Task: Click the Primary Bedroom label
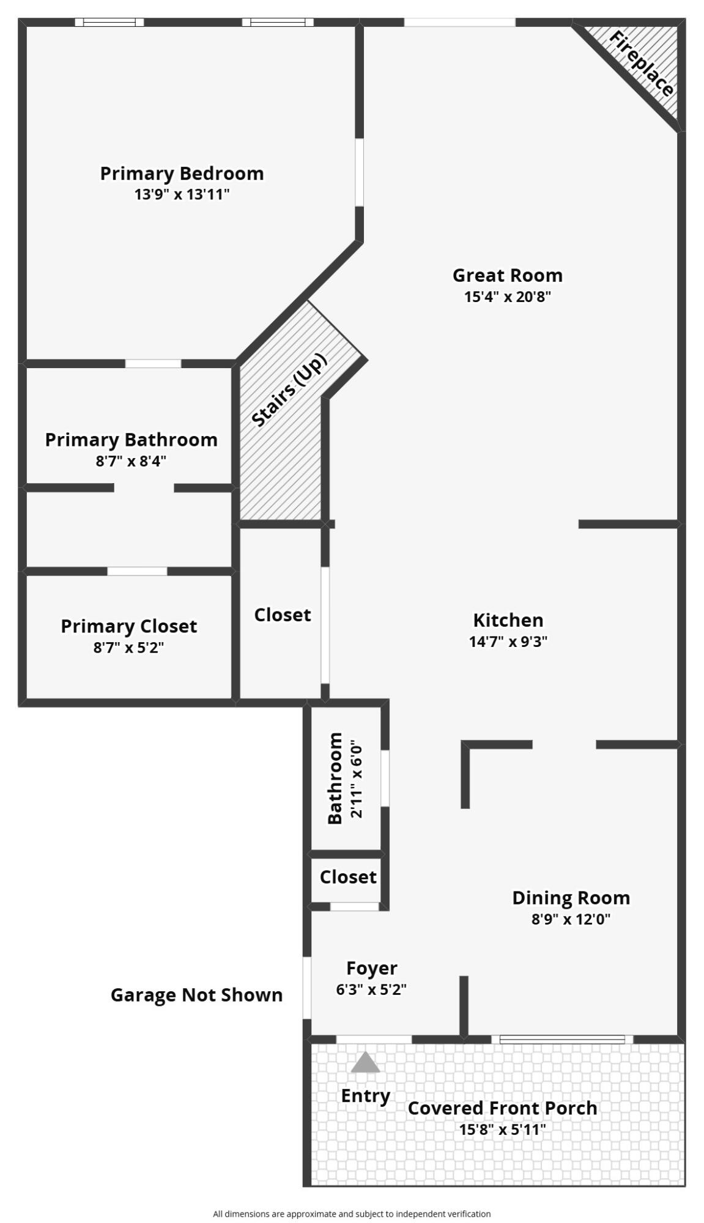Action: [182, 174]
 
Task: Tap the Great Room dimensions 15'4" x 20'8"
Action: [507, 297]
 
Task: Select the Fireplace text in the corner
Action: [642, 64]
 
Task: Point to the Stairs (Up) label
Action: [289, 390]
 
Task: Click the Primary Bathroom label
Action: [131, 440]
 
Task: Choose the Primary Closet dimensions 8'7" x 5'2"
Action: [128, 648]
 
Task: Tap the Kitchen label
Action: [508, 620]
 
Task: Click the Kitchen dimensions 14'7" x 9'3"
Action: [508, 641]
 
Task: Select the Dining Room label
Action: [571, 898]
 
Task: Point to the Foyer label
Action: [371, 968]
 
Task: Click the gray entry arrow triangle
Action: [365, 1063]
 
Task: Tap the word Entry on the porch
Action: [365, 1095]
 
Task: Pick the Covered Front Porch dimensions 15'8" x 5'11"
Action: [502, 1129]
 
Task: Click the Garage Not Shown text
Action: [196, 995]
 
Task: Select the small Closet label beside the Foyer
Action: [348, 877]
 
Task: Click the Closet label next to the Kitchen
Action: [283, 615]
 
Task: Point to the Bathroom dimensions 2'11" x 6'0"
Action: [357, 780]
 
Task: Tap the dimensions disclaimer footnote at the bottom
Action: [352, 1214]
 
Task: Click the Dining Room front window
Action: [562, 1039]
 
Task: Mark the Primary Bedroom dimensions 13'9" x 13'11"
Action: [182, 195]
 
